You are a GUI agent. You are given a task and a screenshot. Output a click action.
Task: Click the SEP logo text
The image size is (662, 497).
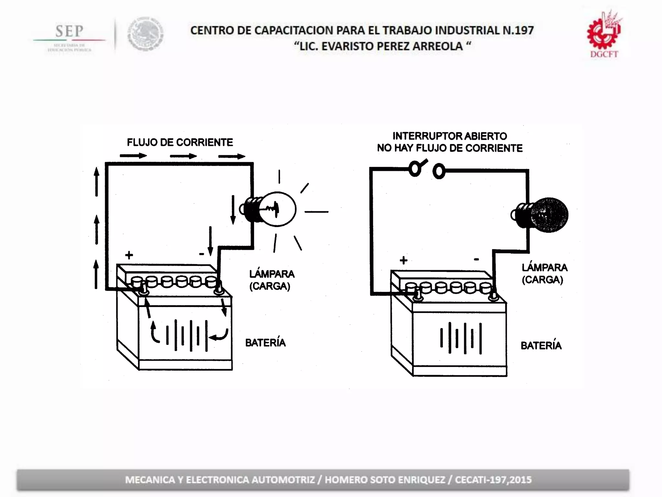[x=69, y=31]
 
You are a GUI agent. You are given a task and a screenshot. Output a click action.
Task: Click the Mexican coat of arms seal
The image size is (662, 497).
[x=145, y=34]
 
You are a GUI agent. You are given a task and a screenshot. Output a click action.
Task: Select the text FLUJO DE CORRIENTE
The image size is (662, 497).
[x=180, y=142]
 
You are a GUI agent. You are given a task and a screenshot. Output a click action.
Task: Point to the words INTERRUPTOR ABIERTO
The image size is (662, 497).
[x=450, y=136]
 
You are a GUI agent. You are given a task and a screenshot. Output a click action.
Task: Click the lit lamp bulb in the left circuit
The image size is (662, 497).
[x=277, y=209]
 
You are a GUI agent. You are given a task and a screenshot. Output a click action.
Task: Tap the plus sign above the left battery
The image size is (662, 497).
[x=129, y=255]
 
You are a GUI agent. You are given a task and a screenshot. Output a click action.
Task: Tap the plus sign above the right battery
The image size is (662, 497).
[x=403, y=260]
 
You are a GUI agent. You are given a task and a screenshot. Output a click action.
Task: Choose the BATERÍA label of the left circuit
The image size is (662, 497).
[x=265, y=343]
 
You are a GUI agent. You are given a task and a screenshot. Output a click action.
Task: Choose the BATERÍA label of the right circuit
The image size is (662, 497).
[x=541, y=346]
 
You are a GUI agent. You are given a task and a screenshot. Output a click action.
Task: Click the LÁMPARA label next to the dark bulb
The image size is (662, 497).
[x=545, y=268]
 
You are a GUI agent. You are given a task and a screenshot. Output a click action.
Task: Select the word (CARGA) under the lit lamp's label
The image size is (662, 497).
[x=270, y=286]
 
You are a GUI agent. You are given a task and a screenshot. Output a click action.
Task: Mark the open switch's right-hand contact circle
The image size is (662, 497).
[x=439, y=171]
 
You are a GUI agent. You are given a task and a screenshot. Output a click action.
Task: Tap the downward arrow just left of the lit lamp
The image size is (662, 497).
[x=233, y=210]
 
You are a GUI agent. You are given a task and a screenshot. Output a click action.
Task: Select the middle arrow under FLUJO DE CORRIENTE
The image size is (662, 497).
[x=183, y=156]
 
